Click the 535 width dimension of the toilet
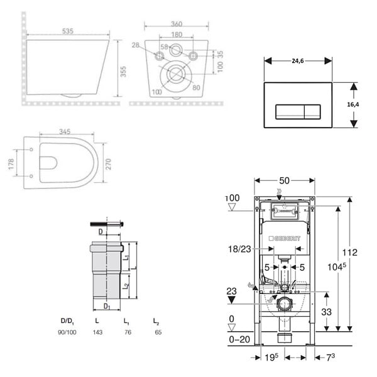click(x=68, y=31)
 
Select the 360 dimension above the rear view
click(x=177, y=24)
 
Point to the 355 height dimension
click(x=123, y=72)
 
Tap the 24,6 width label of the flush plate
click(x=298, y=61)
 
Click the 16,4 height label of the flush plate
click(x=353, y=104)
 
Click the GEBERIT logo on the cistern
click(x=285, y=239)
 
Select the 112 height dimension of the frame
click(x=350, y=253)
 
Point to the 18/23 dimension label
click(x=239, y=249)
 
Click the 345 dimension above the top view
click(x=65, y=131)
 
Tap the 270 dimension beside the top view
click(x=109, y=164)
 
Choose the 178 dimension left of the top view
click(x=11, y=164)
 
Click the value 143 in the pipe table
click(x=97, y=332)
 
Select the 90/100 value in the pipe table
click(x=67, y=332)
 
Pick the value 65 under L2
click(x=158, y=332)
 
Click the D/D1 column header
click(x=67, y=321)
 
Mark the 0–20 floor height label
click(x=239, y=339)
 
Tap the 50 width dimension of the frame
click(x=285, y=180)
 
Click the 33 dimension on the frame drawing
click(x=326, y=312)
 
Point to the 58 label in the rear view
click(x=164, y=47)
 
